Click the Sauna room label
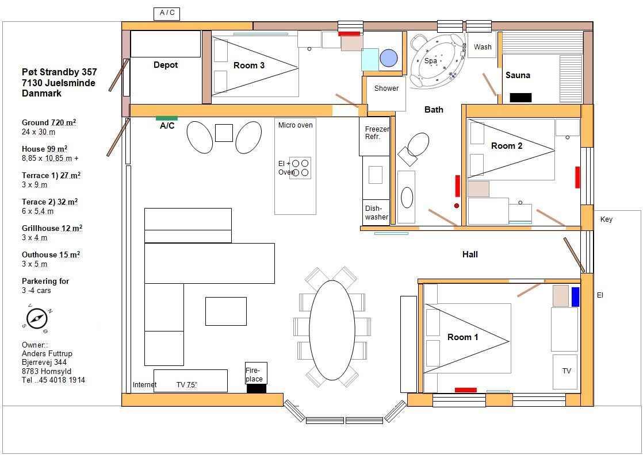pyautogui.click(x=518, y=75)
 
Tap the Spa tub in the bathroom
pyautogui.click(x=438, y=61)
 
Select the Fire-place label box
pyautogui.click(x=256, y=373)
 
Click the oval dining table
pyautogui.click(x=332, y=330)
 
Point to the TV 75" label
pyautogui.click(x=187, y=384)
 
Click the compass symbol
pyautogui.click(x=37, y=318)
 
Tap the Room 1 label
pyautogui.click(x=462, y=337)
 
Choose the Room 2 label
pyautogui.click(x=507, y=146)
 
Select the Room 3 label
pyautogui.click(x=249, y=65)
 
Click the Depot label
pyautogui.click(x=166, y=65)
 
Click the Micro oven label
pyautogui.click(x=295, y=125)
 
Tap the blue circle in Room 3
pyautogui.click(x=389, y=58)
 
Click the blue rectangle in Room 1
pyautogui.click(x=575, y=297)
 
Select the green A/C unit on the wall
pyautogui.click(x=166, y=118)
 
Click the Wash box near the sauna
pyautogui.click(x=482, y=47)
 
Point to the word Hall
pyautogui.click(x=470, y=255)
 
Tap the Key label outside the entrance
pyautogui.click(x=606, y=219)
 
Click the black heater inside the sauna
pyautogui.click(x=520, y=98)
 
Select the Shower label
pyautogui.click(x=386, y=88)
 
